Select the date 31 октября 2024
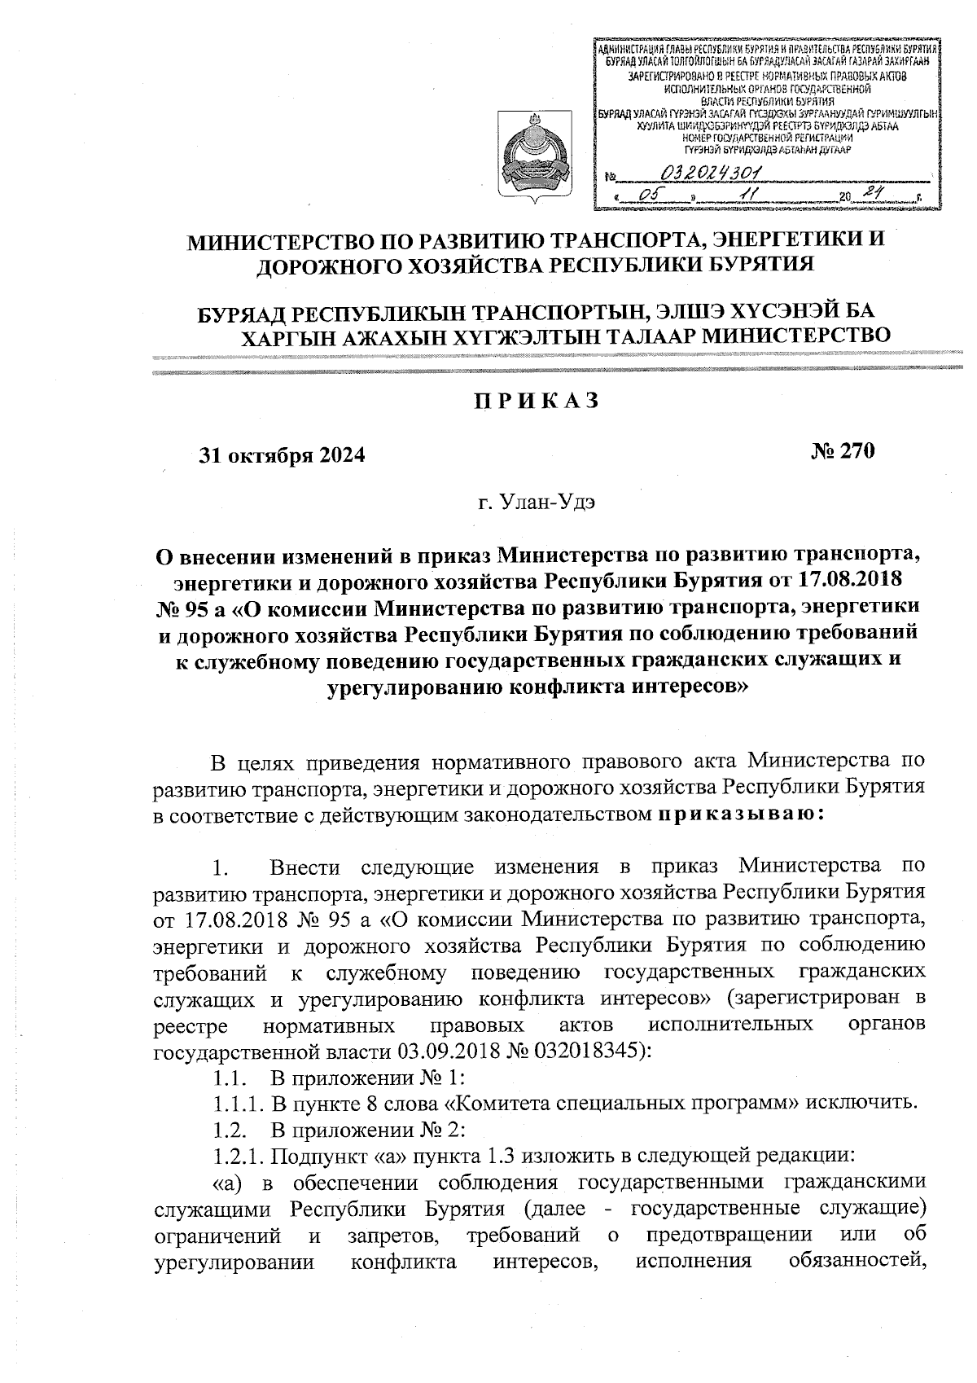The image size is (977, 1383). (x=283, y=455)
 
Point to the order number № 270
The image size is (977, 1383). (x=842, y=452)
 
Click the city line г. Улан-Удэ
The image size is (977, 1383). (x=537, y=503)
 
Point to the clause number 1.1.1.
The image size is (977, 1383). (x=239, y=1104)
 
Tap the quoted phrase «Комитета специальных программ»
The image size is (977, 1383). (x=621, y=1104)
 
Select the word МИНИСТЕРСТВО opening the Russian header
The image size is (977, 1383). (x=286, y=242)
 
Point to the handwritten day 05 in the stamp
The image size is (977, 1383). (x=650, y=195)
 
